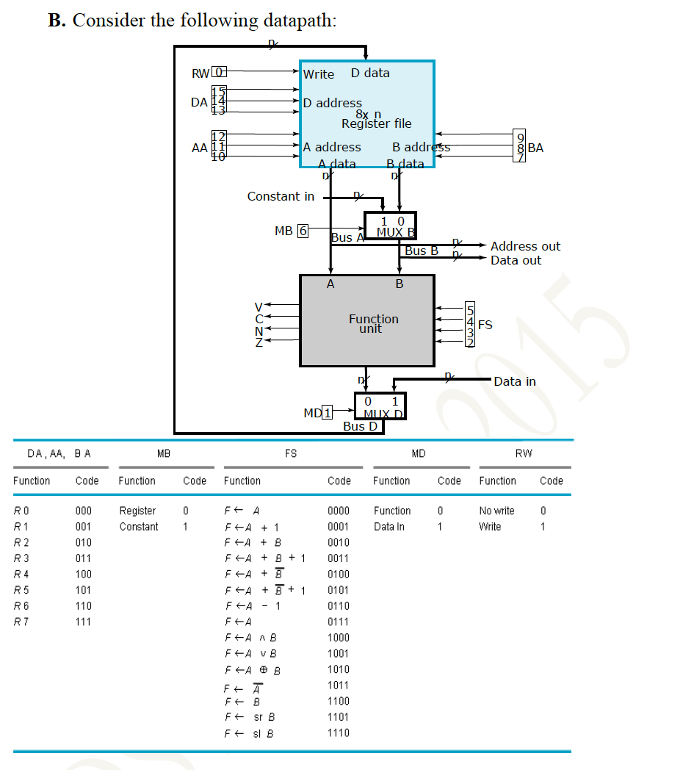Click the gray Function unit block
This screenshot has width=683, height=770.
[366, 320]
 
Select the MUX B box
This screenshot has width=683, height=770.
[390, 226]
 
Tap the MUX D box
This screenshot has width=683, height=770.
[380, 406]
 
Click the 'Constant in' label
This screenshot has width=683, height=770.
[281, 196]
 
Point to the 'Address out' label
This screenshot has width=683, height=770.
[525, 246]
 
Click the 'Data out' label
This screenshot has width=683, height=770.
[516, 260]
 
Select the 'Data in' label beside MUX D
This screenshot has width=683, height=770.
[515, 381]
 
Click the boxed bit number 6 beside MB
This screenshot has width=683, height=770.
[303, 231]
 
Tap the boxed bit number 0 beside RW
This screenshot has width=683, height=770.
[219, 73]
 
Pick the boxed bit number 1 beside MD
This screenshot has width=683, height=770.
[328, 412]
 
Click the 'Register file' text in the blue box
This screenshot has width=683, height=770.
[376, 123]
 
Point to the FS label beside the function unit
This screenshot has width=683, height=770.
[485, 325]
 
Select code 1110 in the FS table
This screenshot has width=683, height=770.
[338, 733]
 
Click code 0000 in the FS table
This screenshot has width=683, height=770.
[338, 511]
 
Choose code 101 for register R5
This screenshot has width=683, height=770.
[83, 590]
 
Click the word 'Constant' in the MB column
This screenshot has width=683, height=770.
[139, 527]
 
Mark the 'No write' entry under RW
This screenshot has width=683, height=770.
[496, 511]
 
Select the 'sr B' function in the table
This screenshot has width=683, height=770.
[253, 717]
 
